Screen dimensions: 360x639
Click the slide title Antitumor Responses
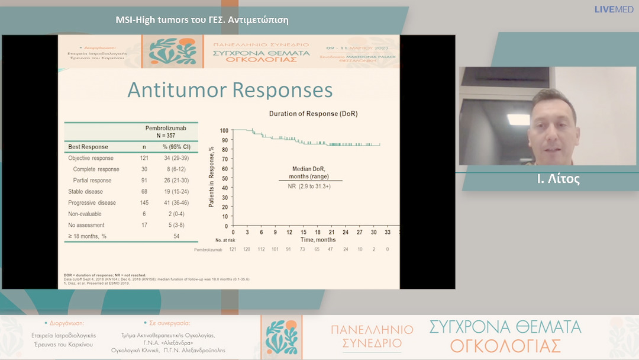230,90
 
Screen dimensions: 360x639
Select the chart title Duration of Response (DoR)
313,113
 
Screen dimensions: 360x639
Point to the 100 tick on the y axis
224,130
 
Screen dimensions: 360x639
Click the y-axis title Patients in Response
211,178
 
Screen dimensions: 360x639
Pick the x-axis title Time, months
317,240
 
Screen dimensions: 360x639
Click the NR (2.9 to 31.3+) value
309,187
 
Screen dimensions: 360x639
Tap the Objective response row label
91,158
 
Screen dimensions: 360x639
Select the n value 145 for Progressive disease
144,203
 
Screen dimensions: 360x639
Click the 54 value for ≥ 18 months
176,236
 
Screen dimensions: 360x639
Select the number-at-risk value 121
233,250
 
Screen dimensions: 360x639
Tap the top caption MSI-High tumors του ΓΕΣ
202,20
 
